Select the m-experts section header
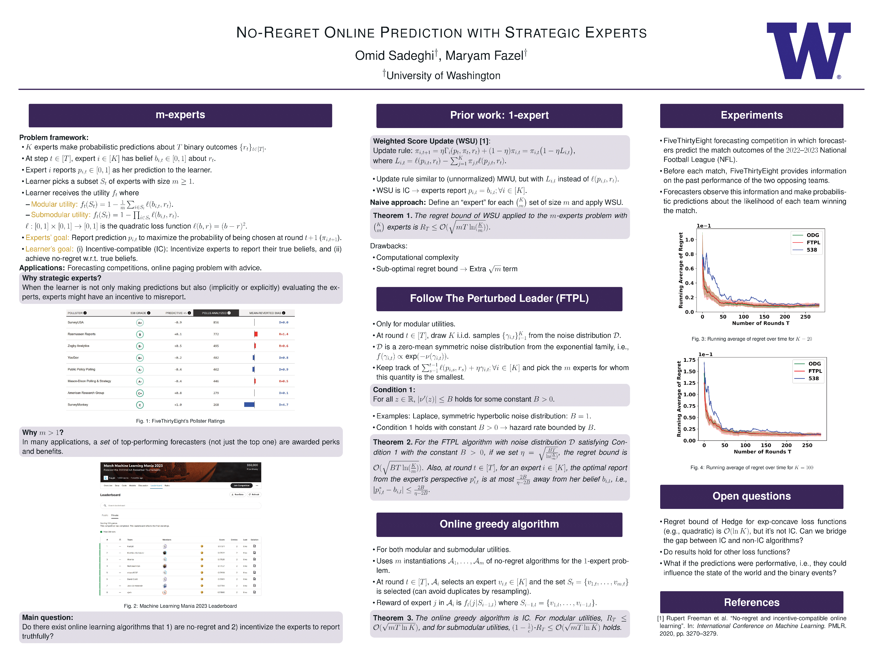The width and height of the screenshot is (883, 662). pyautogui.click(x=180, y=115)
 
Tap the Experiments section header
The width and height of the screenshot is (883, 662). pyautogui.click(x=751, y=115)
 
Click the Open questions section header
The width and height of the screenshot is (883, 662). pyautogui.click(x=751, y=496)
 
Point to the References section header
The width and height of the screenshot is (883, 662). pyautogui.click(x=751, y=602)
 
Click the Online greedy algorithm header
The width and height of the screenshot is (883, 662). pyautogui.click(x=499, y=524)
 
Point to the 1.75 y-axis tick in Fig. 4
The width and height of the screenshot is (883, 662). pyautogui.click(x=689, y=360)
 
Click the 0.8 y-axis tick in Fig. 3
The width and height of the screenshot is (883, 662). pyautogui.click(x=689, y=254)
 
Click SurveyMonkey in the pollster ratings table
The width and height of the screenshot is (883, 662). pyautogui.click(x=78, y=405)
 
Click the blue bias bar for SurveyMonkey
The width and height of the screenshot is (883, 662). pyautogui.click(x=249, y=405)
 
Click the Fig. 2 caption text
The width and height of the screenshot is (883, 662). pyautogui.click(x=180, y=606)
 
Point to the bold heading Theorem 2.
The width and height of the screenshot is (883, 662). pyautogui.click(x=392, y=442)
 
